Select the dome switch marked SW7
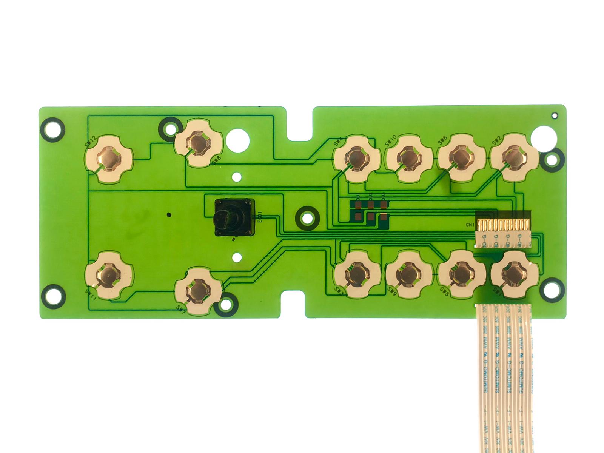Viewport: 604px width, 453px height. (199, 290)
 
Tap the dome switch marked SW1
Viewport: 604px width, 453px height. (514, 274)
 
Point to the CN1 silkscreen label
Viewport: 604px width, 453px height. (470, 225)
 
